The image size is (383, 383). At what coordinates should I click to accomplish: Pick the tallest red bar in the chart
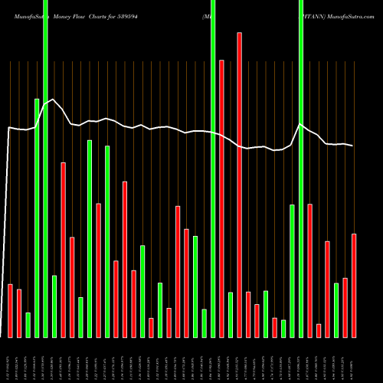tap(239, 184)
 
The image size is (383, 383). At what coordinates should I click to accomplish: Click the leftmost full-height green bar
tap(45, 169)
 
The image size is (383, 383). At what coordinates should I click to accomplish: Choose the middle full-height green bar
tap(213, 169)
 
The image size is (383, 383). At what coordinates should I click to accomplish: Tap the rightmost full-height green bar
tap(301, 169)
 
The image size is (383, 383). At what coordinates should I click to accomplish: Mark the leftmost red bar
tap(11, 310)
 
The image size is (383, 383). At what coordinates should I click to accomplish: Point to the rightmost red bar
tap(354, 285)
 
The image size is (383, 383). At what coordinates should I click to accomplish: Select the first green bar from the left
tap(28, 325)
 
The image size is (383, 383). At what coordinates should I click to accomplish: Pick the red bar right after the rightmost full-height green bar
tap(310, 270)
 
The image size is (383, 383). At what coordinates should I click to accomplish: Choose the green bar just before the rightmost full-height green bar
tap(292, 270)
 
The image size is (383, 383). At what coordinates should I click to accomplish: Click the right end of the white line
tap(353, 146)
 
